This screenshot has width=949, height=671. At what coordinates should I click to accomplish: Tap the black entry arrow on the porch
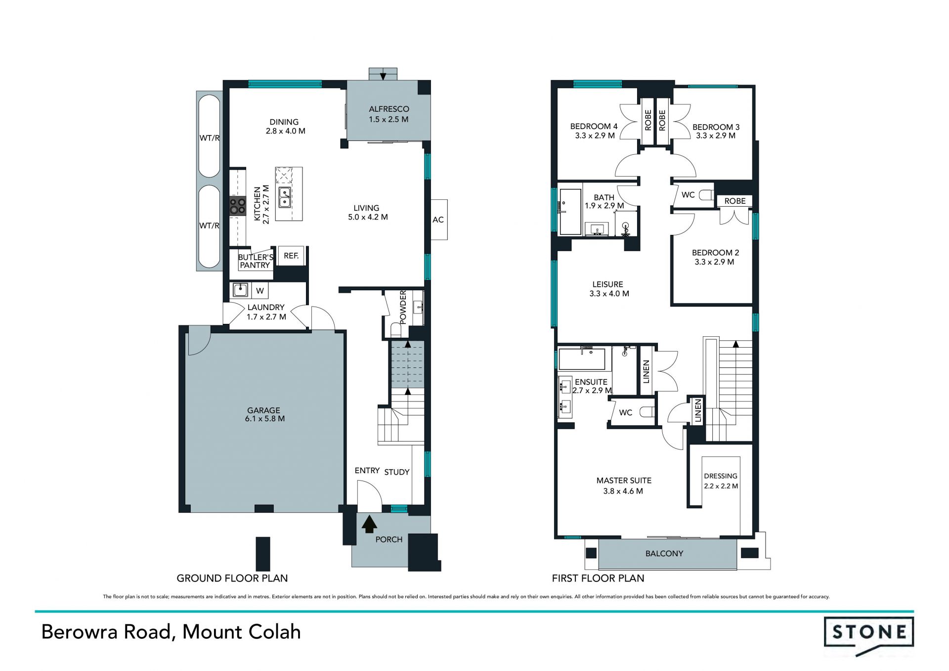coord(369,524)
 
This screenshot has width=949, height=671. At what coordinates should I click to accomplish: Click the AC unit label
coord(438,220)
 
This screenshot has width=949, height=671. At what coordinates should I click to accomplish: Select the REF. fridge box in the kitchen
coord(291,256)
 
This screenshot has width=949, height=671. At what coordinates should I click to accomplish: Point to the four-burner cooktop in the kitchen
coord(237,206)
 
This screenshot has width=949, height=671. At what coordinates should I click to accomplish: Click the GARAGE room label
coord(264,414)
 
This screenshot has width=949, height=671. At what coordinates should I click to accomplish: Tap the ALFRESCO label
coord(389,114)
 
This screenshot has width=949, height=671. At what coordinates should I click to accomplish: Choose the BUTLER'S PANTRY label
coord(255,261)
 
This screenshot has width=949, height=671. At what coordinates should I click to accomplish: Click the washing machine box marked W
coord(260,291)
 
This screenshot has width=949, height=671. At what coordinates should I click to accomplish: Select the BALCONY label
coord(664,553)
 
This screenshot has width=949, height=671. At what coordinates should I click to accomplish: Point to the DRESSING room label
coord(721,481)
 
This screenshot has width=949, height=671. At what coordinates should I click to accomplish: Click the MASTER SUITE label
coord(624,486)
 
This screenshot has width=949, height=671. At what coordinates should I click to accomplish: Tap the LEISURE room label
coord(608,289)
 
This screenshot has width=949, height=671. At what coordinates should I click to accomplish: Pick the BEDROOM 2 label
coord(715,257)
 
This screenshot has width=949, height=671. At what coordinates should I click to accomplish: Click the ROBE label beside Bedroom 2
coord(735,201)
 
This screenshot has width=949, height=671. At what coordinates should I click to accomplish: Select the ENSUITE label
coord(592,386)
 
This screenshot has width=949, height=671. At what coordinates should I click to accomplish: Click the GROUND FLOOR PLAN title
coord(232,578)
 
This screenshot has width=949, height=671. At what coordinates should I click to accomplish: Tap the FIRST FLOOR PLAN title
coord(598,578)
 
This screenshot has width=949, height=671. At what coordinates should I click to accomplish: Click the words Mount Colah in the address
coord(242,632)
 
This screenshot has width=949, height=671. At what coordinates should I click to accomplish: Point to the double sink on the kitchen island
coord(284,197)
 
